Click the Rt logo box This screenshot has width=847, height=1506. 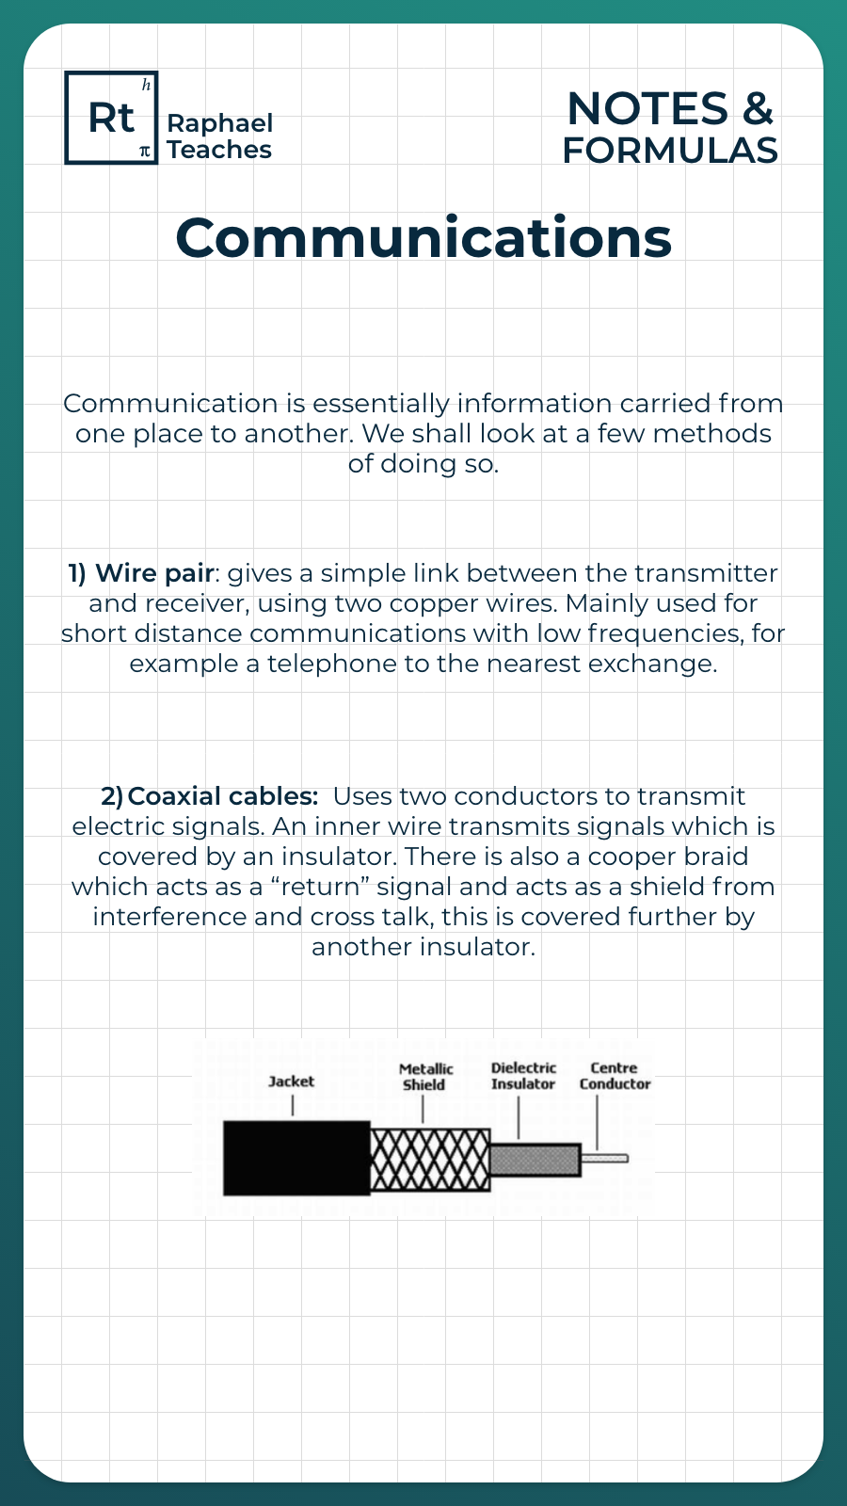(x=111, y=118)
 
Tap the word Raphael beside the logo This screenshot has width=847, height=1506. (x=219, y=123)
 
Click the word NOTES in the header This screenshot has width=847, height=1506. (x=647, y=109)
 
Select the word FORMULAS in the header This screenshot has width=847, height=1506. (x=670, y=151)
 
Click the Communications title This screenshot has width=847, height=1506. (x=423, y=237)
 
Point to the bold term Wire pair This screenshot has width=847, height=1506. (x=154, y=573)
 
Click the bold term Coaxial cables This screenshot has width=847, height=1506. (x=222, y=796)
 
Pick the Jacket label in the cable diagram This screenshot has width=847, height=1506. (x=291, y=1081)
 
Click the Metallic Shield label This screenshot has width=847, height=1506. (x=425, y=1077)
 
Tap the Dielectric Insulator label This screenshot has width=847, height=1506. (x=523, y=1076)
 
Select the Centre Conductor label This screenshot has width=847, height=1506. (x=615, y=1076)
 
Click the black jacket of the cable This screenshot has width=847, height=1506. (x=296, y=1158)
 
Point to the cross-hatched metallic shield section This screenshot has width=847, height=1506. (x=430, y=1160)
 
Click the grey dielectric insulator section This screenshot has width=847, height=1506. (x=534, y=1160)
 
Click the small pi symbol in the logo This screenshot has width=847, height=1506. (x=144, y=151)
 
